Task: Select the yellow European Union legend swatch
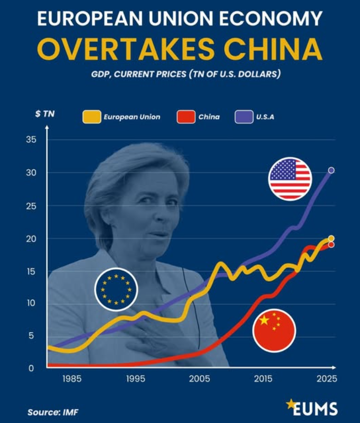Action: pos(91,117)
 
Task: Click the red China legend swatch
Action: pos(186,117)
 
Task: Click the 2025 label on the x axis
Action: pos(327,379)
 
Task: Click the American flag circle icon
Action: pos(290,178)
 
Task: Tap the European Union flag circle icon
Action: pos(116,289)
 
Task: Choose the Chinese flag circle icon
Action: pos(274,330)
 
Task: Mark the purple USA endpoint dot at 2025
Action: pos(331,170)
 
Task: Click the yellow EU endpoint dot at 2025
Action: pos(331,238)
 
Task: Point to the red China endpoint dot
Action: pos(331,245)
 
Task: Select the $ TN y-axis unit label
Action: pos(45,114)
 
